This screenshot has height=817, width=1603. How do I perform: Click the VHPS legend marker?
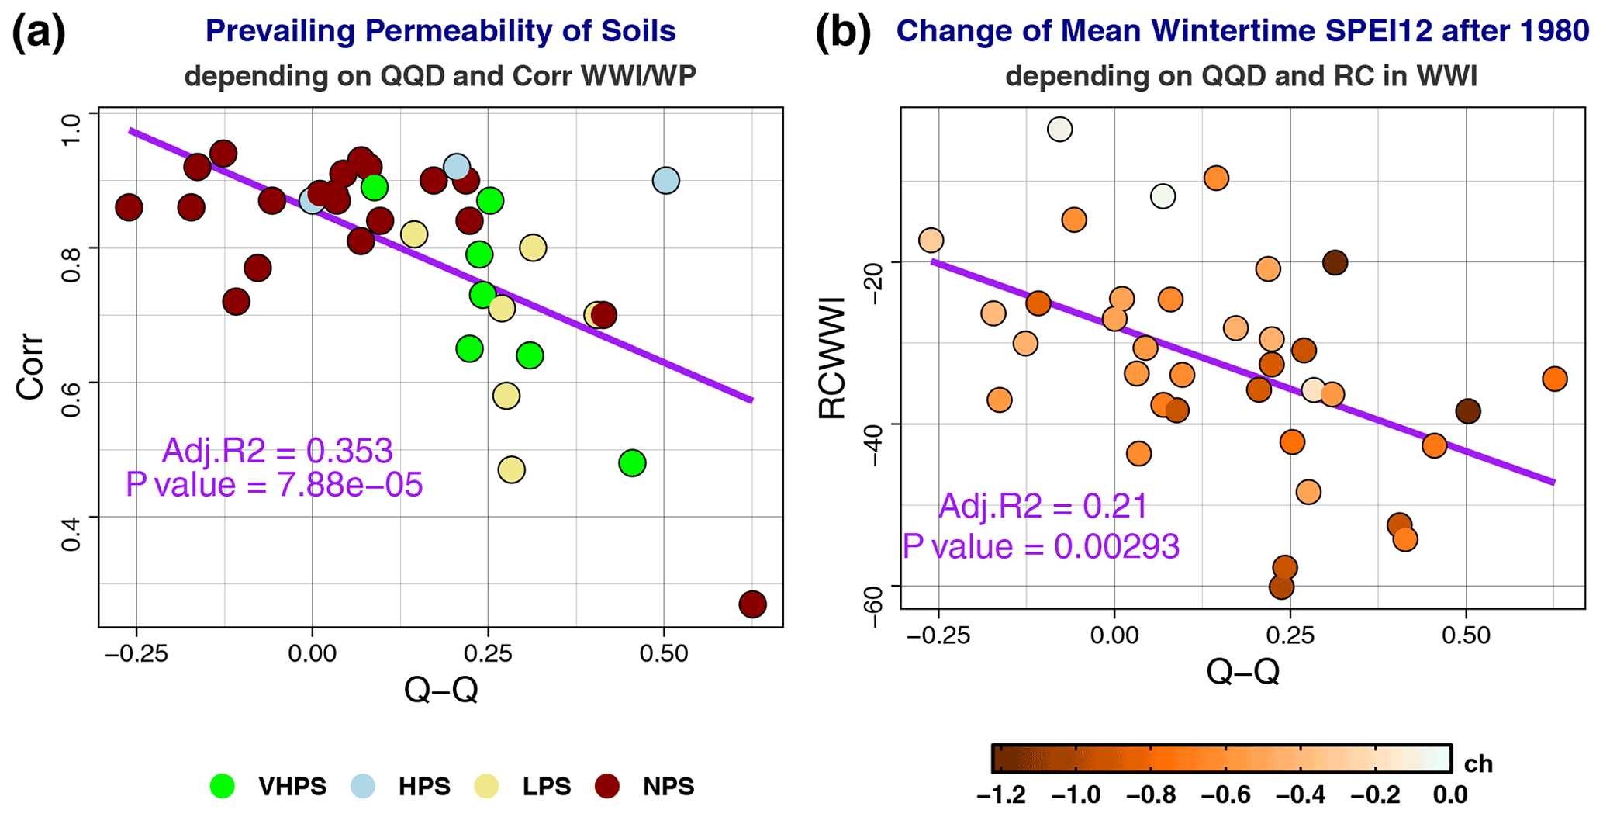(x=223, y=786)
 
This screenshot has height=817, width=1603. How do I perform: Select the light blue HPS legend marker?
(x=363, y=786)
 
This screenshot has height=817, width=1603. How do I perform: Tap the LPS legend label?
(x=546, y=787)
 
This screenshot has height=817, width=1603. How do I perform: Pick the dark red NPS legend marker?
(x=607, y=786)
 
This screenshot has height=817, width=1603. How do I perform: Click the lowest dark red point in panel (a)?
(x=752, y=604)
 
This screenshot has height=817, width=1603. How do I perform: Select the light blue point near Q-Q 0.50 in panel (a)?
(x=665, y=181)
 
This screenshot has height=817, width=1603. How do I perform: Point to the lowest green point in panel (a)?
(x=632, y=463)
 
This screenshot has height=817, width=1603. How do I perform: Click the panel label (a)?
(x=39, y=33)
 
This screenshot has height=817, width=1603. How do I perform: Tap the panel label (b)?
(x=843, y=33)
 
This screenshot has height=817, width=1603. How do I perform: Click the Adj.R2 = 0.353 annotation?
(x=277, y=451)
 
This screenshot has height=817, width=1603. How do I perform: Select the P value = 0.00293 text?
(x=1041, y=546)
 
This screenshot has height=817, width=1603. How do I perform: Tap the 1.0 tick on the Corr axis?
(x=71, y=128)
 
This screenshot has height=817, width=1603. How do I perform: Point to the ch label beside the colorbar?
(x=1478, y=764)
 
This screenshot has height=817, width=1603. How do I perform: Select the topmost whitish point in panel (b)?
(x=1059, y=129)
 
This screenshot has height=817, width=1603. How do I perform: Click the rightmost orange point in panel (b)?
(x=1554, y=379)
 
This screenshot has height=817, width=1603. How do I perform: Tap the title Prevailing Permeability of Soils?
(x=440, y=31)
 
